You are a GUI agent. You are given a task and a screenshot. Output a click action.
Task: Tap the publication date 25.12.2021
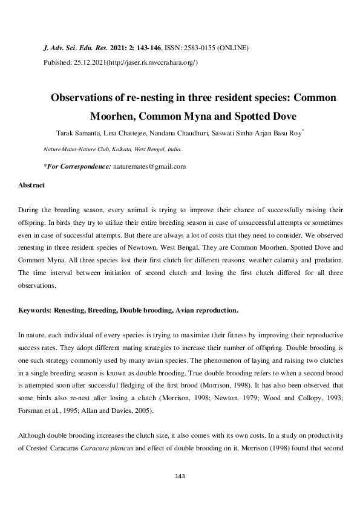point(90,62)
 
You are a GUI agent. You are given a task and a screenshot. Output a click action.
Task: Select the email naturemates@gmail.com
point(149,166)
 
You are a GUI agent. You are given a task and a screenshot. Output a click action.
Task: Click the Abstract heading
point(31,184)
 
